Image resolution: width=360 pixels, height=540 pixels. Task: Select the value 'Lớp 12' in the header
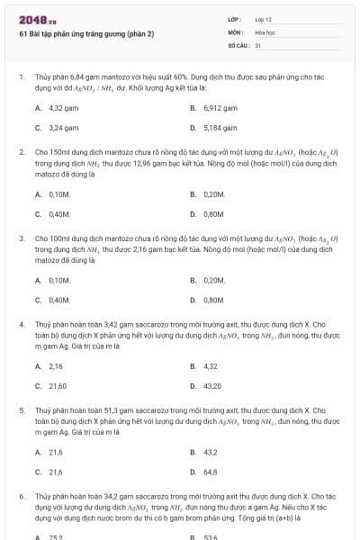(x=263, y=19)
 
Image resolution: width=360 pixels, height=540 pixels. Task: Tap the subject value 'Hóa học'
(x=265, y=31)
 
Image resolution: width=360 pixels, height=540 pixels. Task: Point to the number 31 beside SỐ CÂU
(x=258, y=44)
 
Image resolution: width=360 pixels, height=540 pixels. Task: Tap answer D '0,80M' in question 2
(x=213, y=214)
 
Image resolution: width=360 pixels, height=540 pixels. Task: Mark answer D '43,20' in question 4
(x=211, y=386)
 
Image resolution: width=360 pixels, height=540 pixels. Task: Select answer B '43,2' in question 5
(x=211, y=452)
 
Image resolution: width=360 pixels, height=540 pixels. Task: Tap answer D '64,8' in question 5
(x=211, y=472)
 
